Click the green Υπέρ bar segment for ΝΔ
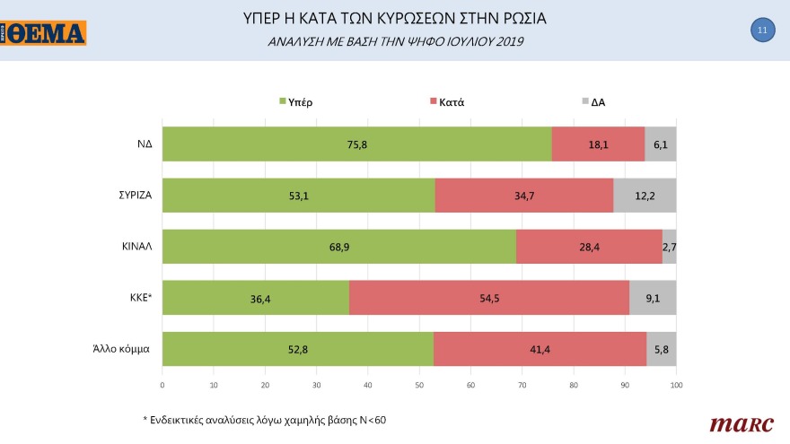(x=356, y=144)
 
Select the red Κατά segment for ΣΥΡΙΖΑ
(x=525, y=195)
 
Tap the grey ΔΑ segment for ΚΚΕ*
(x=653, y=297)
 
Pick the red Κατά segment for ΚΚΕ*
(x=488, y=297)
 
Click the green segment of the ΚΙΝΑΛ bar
(x=338, y=246)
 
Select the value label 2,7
(x=669, y=246)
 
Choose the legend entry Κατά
(x=450, y=102)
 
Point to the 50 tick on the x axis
(x=419, y=385)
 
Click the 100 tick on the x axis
(x=676, y=385)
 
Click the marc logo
(x=735, y=422)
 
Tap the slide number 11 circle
(x=761, y=30)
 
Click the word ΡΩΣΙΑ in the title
(x=519, y=18)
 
